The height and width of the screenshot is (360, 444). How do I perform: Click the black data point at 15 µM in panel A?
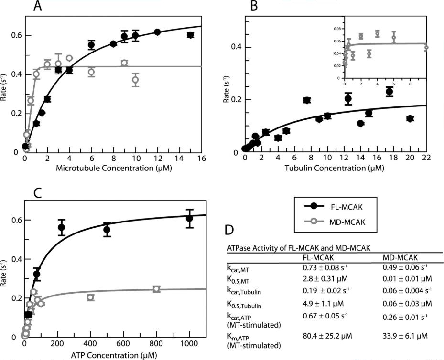click(190, 35)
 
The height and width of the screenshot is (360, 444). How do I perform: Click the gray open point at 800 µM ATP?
click(156, 289)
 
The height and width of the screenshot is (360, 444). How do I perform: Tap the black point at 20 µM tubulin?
click(410, 118)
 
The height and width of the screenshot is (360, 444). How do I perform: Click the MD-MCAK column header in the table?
click(401, 256)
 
